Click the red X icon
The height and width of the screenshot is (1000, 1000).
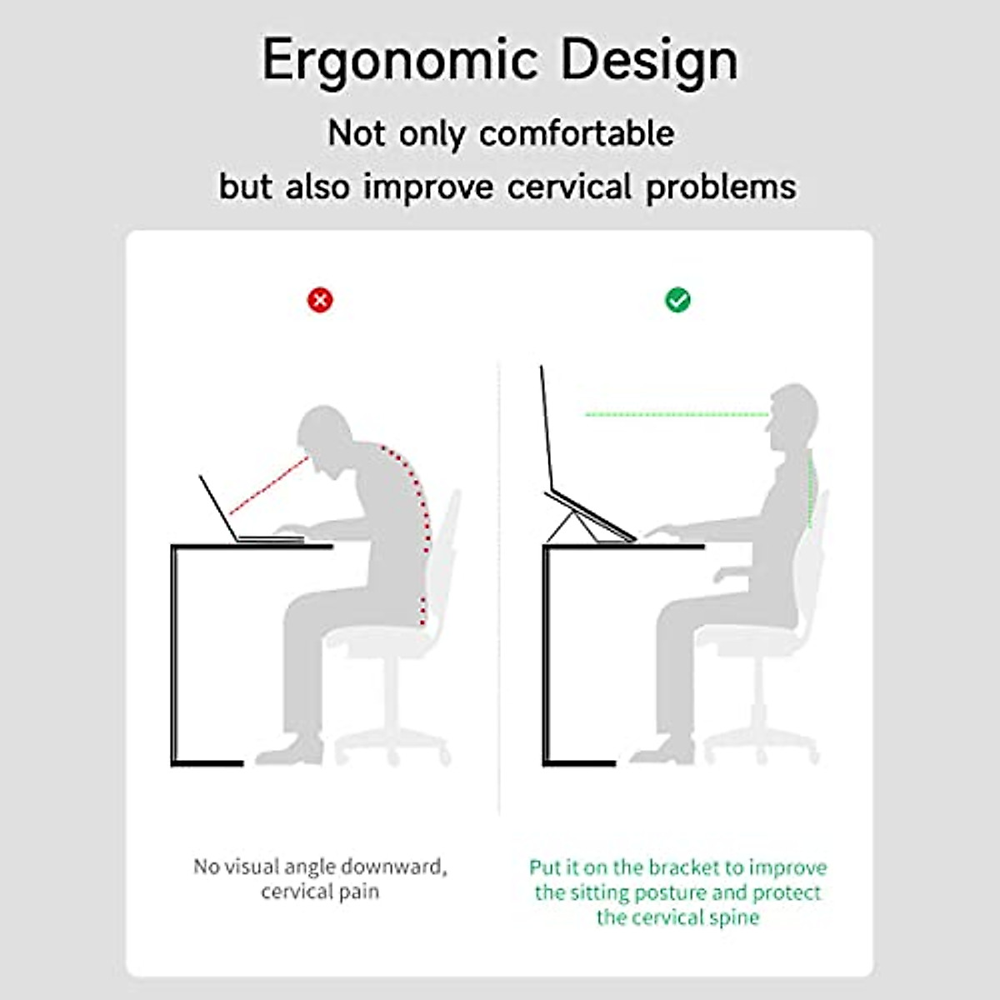pyautogui.click(x=320, y=300)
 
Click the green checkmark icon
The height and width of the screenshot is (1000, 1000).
pyautogui.click(x=677, y=300)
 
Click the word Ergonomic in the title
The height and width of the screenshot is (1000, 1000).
pyautogui.click(x=400, y=61)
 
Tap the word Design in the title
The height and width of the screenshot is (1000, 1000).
pyautogui.click(x=650, y=61)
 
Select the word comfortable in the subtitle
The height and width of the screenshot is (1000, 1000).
pyautogui.click(x=577, y=134)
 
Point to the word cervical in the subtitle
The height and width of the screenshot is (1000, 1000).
pyautogui.click(x=569, y=187)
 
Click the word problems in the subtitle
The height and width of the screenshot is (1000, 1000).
pyautogui.click(x=721, y=187)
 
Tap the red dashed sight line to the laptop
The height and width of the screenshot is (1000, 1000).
pyautogui.click(x=269, y=485)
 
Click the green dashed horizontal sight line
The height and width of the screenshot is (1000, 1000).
pyautogui.click(x=677, y=415)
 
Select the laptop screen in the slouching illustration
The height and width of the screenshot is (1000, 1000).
pyautogui.click(x=218, y=508)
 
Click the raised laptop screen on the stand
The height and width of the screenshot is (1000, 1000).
pyautogui.click(x=547, y=427)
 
